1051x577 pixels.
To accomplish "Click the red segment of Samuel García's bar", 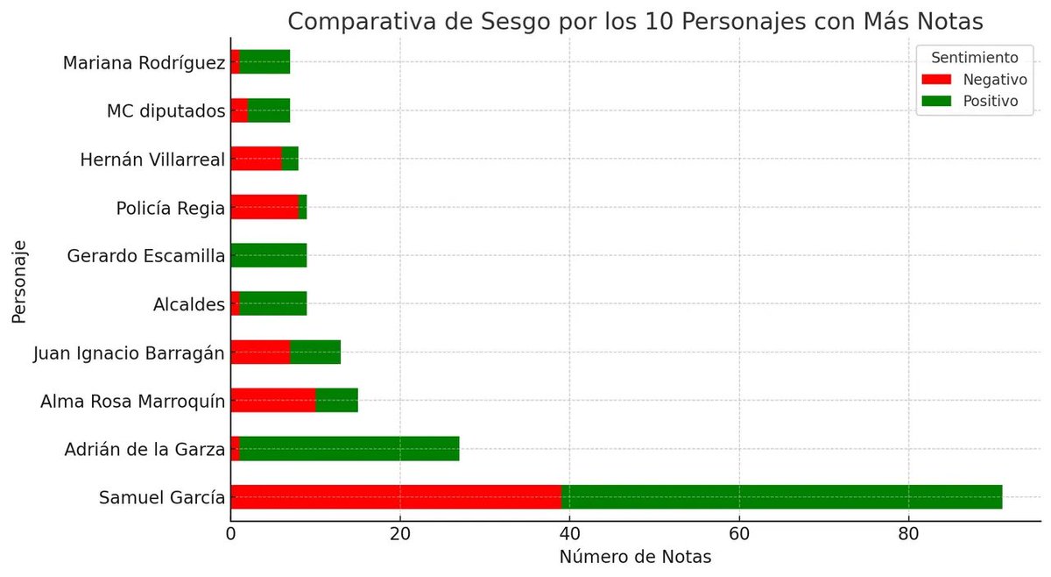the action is [396, 496].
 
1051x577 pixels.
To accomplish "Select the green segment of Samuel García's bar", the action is [781, 496].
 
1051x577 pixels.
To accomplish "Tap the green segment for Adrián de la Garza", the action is [349, 448].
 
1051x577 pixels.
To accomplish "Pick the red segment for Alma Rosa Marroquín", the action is [273, 400].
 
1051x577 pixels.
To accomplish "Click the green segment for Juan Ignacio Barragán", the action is [315, 352].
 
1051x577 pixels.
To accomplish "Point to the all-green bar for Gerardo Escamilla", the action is [269, 255].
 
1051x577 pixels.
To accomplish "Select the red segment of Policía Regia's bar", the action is [265, 207].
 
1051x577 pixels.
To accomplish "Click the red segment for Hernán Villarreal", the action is [256, 159].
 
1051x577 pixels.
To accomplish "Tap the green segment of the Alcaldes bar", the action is [273, 303].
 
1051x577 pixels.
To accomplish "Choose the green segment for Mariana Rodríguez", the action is [265, 61].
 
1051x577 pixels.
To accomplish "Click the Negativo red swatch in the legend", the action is [936, 80].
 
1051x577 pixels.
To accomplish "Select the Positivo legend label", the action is [991, 101].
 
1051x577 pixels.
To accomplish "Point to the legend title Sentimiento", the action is [975, 58].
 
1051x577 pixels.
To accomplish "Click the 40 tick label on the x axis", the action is [569, 534].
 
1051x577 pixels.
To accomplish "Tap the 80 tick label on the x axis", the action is [908, 534].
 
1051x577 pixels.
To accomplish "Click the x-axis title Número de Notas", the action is [635, 557].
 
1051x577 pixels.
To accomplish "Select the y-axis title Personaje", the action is [19, 281].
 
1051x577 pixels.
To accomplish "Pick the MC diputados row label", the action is [166, 111].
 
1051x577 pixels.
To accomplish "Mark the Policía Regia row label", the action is [171, 208].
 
